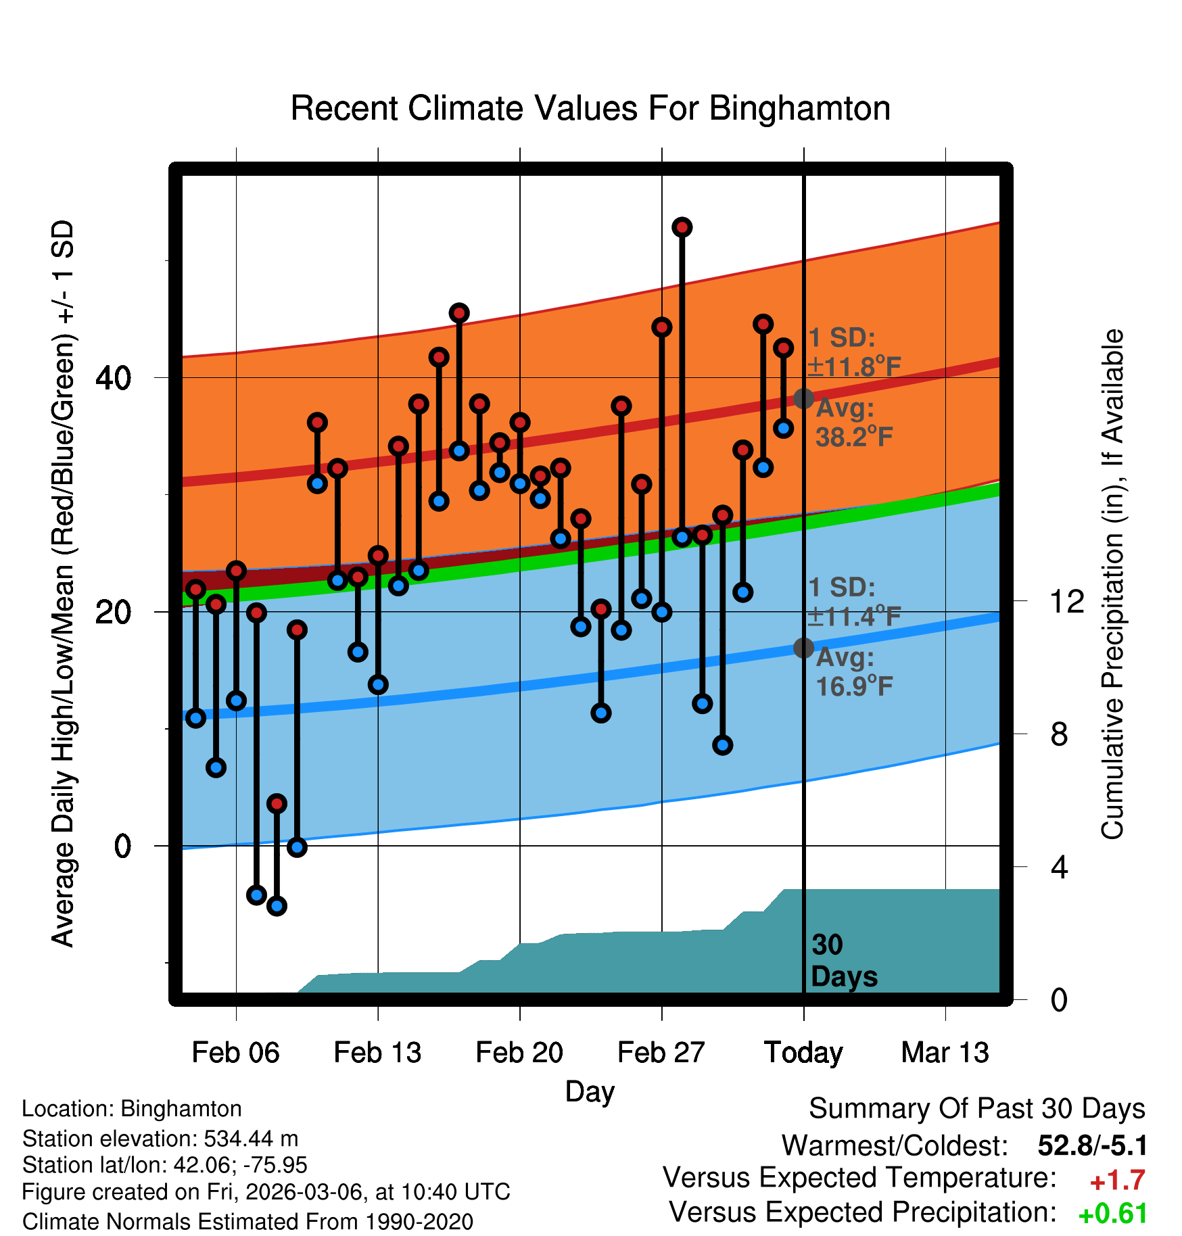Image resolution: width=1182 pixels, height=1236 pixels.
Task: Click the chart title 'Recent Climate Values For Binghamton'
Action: tap(590, 108)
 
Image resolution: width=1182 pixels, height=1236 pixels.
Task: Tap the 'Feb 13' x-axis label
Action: tap(377, 1053)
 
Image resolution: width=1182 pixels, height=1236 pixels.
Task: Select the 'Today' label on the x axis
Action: tap(803, 1053)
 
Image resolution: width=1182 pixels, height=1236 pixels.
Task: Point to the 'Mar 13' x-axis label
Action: tap(945, 1053)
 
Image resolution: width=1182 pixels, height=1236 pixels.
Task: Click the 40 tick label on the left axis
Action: tap(113, 378)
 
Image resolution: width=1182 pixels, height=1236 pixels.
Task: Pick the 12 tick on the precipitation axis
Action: tap(1066, 600)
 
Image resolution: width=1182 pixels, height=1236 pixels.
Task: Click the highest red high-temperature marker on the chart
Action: tap(682, 227)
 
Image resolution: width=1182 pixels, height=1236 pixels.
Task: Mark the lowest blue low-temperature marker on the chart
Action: tap(277, 906)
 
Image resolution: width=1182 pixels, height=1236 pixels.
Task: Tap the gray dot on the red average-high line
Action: tap(803, 398)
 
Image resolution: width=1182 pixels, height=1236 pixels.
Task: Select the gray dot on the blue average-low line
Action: tap(803, 648)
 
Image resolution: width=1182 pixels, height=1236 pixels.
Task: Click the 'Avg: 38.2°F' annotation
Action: tap(854, 423)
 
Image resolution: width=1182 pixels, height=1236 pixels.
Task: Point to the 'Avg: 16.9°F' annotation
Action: tap(854, 673)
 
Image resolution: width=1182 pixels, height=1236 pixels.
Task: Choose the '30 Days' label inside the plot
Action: tap(843, 961)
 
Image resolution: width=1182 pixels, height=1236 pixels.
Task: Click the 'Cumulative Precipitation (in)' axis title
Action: tap(1112, 584)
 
